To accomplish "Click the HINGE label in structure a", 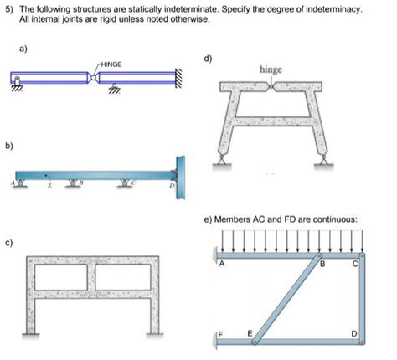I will click(x=112, y=63).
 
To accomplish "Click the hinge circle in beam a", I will click(x=96, y=78).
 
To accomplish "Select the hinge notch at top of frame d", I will click(x=271, y=87).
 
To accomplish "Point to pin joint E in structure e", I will click(x=255, y=342).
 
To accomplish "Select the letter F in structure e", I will click(x=222, y=333).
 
